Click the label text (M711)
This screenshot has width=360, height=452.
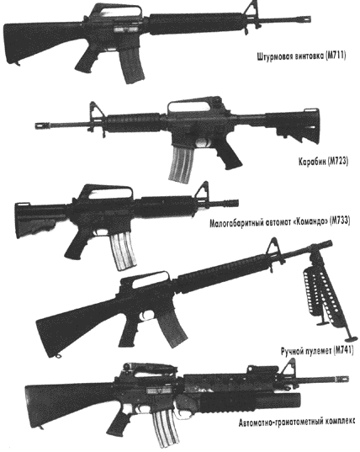[336, 56]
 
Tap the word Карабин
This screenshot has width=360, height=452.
[312, 162]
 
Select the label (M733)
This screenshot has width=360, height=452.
[340, 221]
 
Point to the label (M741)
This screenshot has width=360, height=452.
[343, 351]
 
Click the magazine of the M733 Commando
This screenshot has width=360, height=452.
[124, 251]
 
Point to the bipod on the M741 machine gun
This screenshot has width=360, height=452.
[326, 294]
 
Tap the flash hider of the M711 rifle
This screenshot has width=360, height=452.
[304, 19]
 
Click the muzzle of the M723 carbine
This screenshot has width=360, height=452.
[42, 125]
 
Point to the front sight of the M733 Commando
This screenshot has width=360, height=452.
[202, 193]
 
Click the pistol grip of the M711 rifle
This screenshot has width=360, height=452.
[87, 60]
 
